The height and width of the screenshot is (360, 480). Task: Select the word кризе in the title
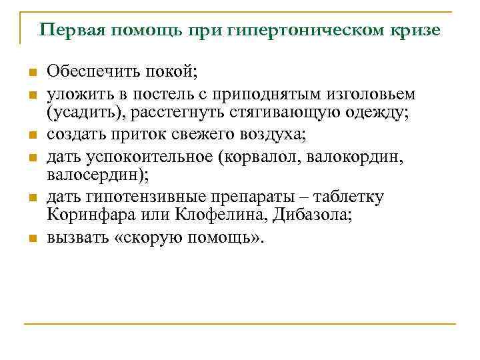(415, 30)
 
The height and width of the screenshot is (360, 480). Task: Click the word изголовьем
(374, 93)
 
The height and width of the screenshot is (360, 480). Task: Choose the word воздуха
(269, 134)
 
